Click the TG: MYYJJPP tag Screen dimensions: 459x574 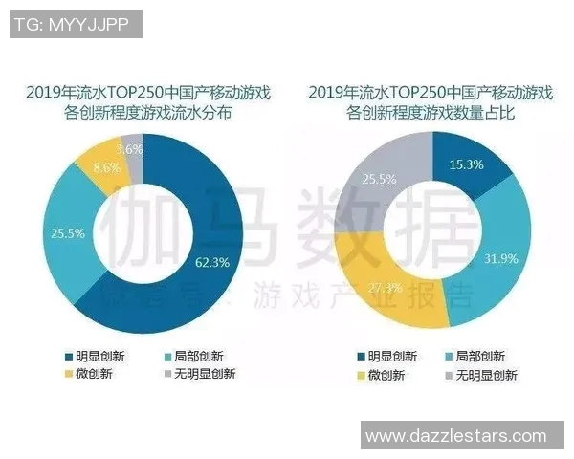pyautogui.click(x=74, y=24)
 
